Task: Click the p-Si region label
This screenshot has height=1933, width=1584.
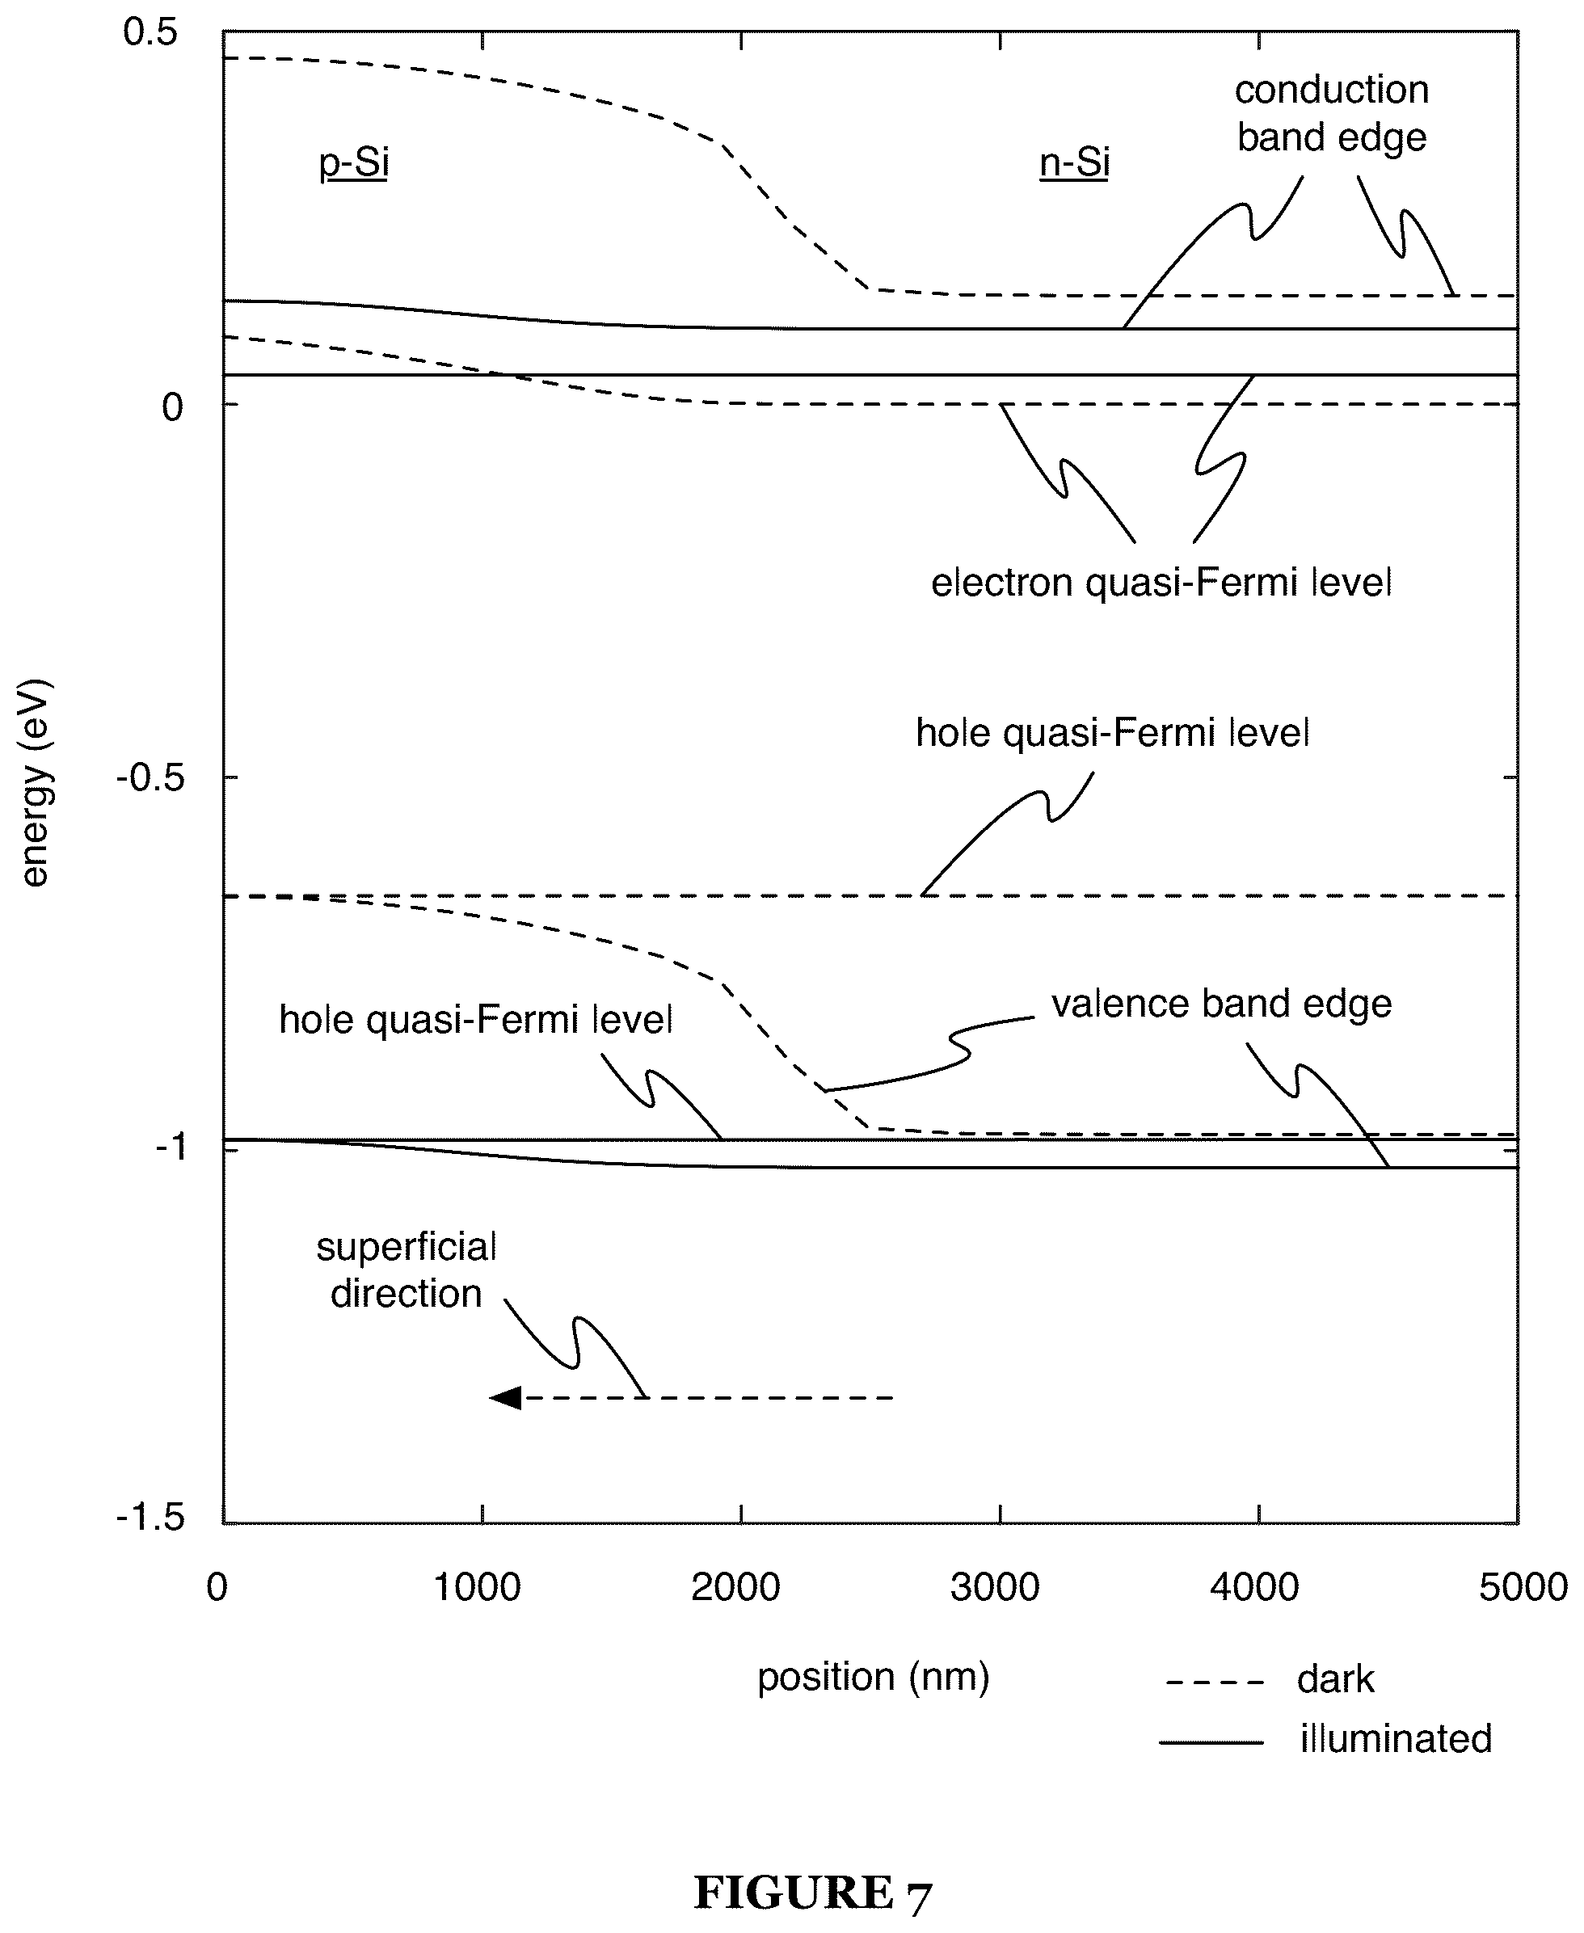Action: (354, 163)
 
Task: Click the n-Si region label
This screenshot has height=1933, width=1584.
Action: (1075, 163)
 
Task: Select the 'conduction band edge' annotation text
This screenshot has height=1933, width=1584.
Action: (1332, 114)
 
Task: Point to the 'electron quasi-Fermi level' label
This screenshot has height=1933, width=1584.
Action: (1161, 583)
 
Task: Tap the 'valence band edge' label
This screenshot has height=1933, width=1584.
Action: (1222, 1004)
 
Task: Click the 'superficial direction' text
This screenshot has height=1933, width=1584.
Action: (406, 1270)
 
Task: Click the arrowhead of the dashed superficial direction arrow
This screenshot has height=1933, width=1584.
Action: (504, 1397)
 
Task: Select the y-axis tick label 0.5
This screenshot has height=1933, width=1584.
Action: (150, 33)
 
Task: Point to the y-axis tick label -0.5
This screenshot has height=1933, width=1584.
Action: (151, 779)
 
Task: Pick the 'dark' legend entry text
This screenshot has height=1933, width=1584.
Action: (1336, 1679)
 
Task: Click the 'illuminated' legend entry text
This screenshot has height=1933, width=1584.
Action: (1396, 1739)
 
